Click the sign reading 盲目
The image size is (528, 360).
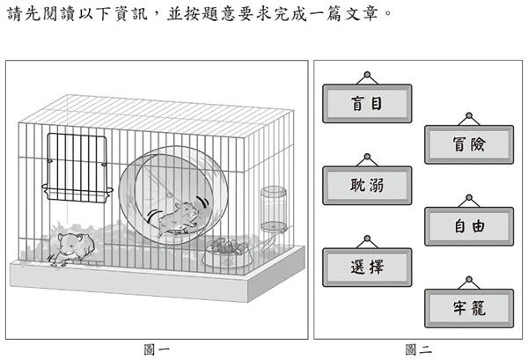pos(367,103)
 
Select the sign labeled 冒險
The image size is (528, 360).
pos(469,144)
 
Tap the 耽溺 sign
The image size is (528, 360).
pos(367,186)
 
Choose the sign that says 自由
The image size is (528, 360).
pos(469,226)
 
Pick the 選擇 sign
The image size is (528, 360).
pos(367,268)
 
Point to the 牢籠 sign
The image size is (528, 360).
pos(469,308)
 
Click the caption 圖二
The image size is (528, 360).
pos(419,349)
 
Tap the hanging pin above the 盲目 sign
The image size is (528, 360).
pos(367,75)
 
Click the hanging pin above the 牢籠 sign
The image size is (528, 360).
pos(469,280)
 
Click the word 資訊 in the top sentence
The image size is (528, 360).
pos(131,14)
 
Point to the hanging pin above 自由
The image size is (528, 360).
pos(469,198)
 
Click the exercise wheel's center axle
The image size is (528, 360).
pos(169,195)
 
